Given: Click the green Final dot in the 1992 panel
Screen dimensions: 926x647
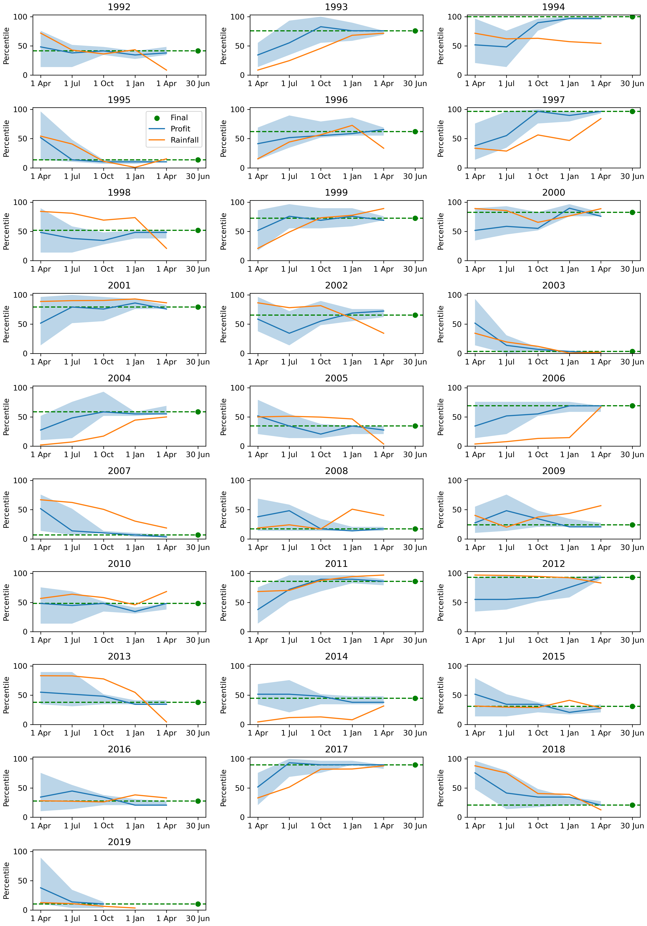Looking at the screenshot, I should tap(198, 51).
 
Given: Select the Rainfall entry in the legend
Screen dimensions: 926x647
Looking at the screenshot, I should tap(184, 140).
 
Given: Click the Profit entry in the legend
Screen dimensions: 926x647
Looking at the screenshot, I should tap(180, 129).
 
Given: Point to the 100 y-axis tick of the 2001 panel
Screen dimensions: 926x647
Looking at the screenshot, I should tap(20, 295).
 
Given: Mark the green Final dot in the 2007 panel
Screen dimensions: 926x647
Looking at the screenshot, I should tap(198, 535).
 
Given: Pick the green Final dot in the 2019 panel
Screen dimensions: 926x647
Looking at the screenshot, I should tap(198, 904).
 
